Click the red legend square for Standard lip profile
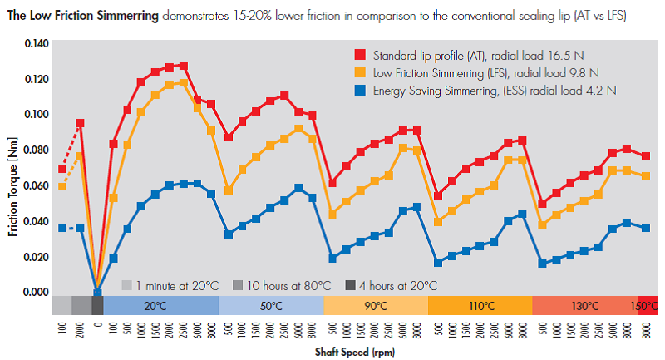tap(359, 56)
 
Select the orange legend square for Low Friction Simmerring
tap(359, 73)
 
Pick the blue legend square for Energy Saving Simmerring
tap(359, 90)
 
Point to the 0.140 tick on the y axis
tap(37, 43)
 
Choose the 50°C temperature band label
tap(271, 306)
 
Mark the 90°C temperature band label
tap(376, 306)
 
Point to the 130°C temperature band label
tap(585, 306)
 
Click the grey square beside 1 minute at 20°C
tap(126, 285)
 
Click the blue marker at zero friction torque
tap(98, 292)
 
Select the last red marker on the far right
tap(646, 156)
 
